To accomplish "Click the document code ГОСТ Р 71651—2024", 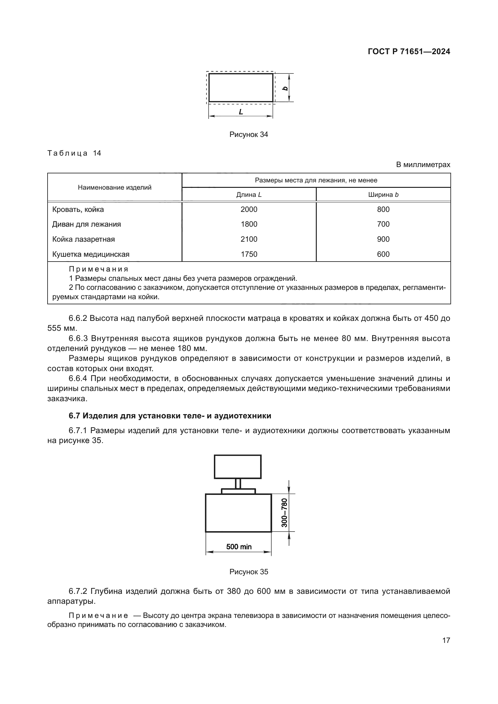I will (409, 51).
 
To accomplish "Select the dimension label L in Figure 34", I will (241, 112).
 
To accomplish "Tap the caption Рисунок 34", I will (248, 134).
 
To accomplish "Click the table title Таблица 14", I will (74, 153).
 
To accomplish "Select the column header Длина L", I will (249, 194).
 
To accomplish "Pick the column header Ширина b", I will (383, 194).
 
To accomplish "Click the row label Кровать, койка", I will (78, 209).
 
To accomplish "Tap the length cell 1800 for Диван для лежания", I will (249, 224).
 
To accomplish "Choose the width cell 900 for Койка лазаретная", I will (383, 239).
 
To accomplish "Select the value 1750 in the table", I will (249, 254).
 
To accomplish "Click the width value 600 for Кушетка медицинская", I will (383, 254).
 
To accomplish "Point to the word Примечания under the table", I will (98, 269).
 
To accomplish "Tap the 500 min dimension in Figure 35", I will (238, 546).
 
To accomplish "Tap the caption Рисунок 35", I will (248, 572).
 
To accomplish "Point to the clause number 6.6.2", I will (78, 318).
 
